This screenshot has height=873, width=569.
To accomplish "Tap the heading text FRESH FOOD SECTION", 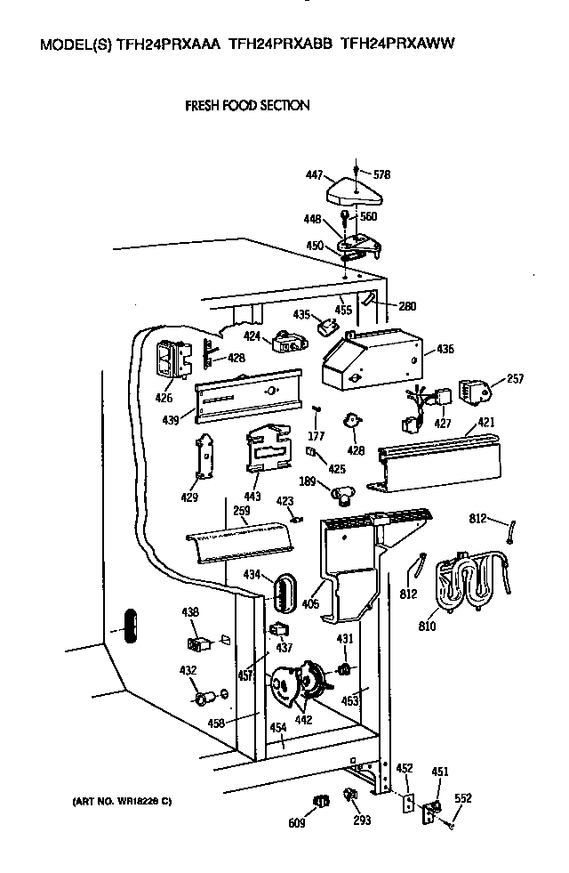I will click(246, 105).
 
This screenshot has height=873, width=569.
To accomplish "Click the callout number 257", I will click(514, 379).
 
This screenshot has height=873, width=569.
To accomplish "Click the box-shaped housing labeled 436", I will click(369, 361).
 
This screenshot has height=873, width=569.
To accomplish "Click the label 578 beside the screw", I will click(382, 174).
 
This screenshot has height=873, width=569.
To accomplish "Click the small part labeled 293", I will click(361, 820).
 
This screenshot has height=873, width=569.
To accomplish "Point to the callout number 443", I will click(252, 496).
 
